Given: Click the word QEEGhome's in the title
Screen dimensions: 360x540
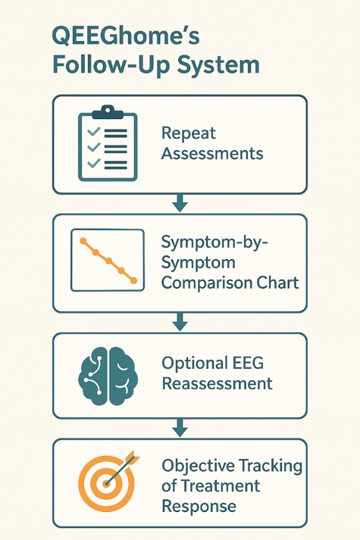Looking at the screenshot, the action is click(x=126, y=36).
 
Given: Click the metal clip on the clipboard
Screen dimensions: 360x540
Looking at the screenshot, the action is click(x=108, y=112).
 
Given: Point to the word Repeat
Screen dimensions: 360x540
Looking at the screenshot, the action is click(x=189, y=134).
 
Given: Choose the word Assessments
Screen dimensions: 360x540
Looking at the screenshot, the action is click(x=212, y=153).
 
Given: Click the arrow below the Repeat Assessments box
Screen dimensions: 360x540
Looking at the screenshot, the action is click(x=180, y=203).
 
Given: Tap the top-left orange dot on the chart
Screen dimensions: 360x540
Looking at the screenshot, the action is click(x=83, y=241).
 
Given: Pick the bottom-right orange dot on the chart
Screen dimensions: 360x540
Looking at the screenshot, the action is click(x=134, y=281).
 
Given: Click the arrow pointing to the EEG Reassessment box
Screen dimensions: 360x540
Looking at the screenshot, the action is click(x=180, y=322).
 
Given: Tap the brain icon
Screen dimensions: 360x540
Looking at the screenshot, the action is click(x=108, y=376).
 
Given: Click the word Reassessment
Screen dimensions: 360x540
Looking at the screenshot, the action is click(x=217, y=384).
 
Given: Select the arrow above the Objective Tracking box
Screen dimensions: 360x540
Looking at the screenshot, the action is click(x=180, y=428).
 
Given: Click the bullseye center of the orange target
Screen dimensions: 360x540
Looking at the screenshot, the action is click(x=107, y=484).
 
